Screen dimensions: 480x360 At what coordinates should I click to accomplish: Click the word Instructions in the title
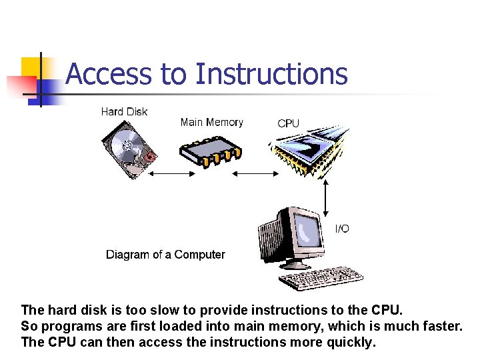(271, 74)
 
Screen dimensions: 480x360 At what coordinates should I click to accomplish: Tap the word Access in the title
(108, 74)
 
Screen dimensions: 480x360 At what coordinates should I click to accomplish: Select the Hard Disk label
(124, 111)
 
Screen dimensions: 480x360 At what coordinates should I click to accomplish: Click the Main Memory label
(211, 122)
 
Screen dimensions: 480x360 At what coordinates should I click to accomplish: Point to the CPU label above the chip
(288, 123)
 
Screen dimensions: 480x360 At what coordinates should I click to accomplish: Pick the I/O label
(341, 229)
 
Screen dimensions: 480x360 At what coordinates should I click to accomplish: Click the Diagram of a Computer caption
(165, 255)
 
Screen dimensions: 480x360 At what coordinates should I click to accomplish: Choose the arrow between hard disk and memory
(171, 173)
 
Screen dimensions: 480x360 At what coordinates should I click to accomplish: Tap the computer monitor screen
(307, 231)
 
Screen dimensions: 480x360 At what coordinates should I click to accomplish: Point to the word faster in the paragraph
(439, 327)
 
